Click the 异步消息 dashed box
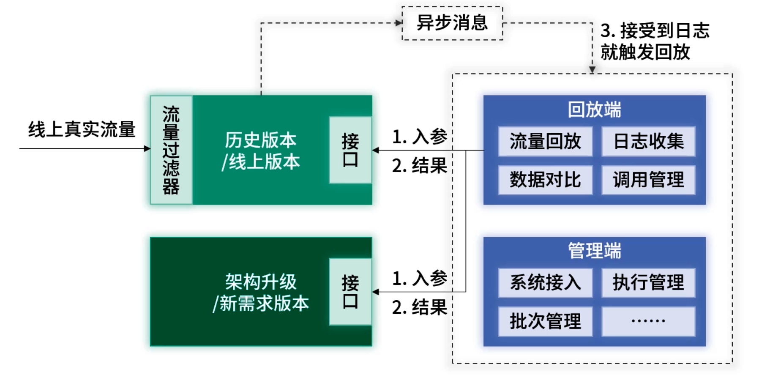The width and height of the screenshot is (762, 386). pyautogui.click(x=452, y=23)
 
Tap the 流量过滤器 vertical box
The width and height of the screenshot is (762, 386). pyautogui.click(x=171, y=150)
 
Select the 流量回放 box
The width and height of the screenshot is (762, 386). pyautogui.click(x=545, y=141)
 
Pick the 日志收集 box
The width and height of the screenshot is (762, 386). pyautogui.click(x=648, y=141)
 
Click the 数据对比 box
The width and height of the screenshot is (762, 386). pyautogui.click(x=545, y=180)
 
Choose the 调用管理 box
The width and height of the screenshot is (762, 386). pyautogui.click(x=648, y=180)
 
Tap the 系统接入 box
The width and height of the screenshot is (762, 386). pyautogui.click(x=545, y=282)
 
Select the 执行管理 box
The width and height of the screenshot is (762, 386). pyautogui.click(x=648, y=282)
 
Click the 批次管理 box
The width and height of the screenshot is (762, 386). pyautogui.click(x=545, y=321)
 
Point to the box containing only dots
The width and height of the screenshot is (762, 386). pyautogui.click(x=648, y=321)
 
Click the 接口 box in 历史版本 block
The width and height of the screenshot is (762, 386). pyautogui.click(x=350, y=150)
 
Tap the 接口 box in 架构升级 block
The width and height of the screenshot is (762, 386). pyautogui.click(x=350, y=292)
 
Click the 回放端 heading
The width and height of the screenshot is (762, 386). pyautogui.click(x=594, y=110)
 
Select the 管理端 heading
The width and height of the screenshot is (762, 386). pyautogui.click(x=594, y=251)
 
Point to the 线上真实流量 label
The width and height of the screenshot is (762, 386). pyautogui.click(x=82, y=129)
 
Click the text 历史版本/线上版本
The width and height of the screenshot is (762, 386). pyautogui.click(x=260, y=151)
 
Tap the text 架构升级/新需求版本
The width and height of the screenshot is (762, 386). pyautogui.click(x=260, y=293)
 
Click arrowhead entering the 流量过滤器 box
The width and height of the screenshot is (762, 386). pyautogui.click(x=147, y=148)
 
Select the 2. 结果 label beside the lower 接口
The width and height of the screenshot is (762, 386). pyautogui.click(x=419, y=307)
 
